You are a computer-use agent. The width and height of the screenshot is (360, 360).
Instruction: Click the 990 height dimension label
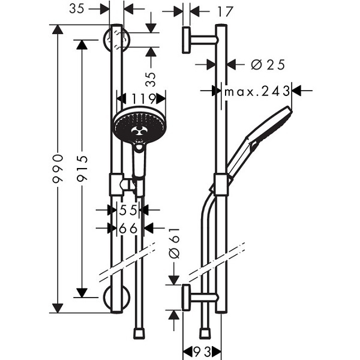point(58,169)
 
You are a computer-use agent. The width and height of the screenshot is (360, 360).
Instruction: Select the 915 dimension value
point(82,168)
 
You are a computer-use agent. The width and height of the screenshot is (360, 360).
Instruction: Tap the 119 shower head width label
point(140,98)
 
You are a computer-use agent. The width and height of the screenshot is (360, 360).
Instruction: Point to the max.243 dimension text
point(257,91)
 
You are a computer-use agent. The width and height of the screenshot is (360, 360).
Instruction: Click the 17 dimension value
point(225,11)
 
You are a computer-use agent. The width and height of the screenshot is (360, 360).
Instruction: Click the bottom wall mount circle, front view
point(116,298)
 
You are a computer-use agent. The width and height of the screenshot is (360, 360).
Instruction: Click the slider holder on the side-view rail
point(221,185)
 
